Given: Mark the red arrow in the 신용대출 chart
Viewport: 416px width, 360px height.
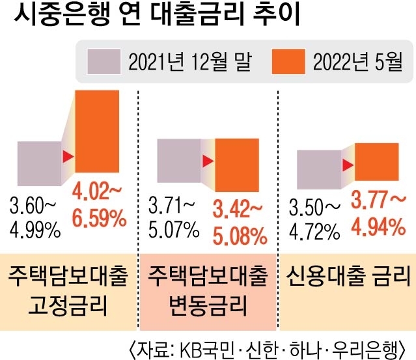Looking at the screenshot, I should pos(348,163).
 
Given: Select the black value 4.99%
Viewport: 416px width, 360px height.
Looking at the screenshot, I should pos(35,230).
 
